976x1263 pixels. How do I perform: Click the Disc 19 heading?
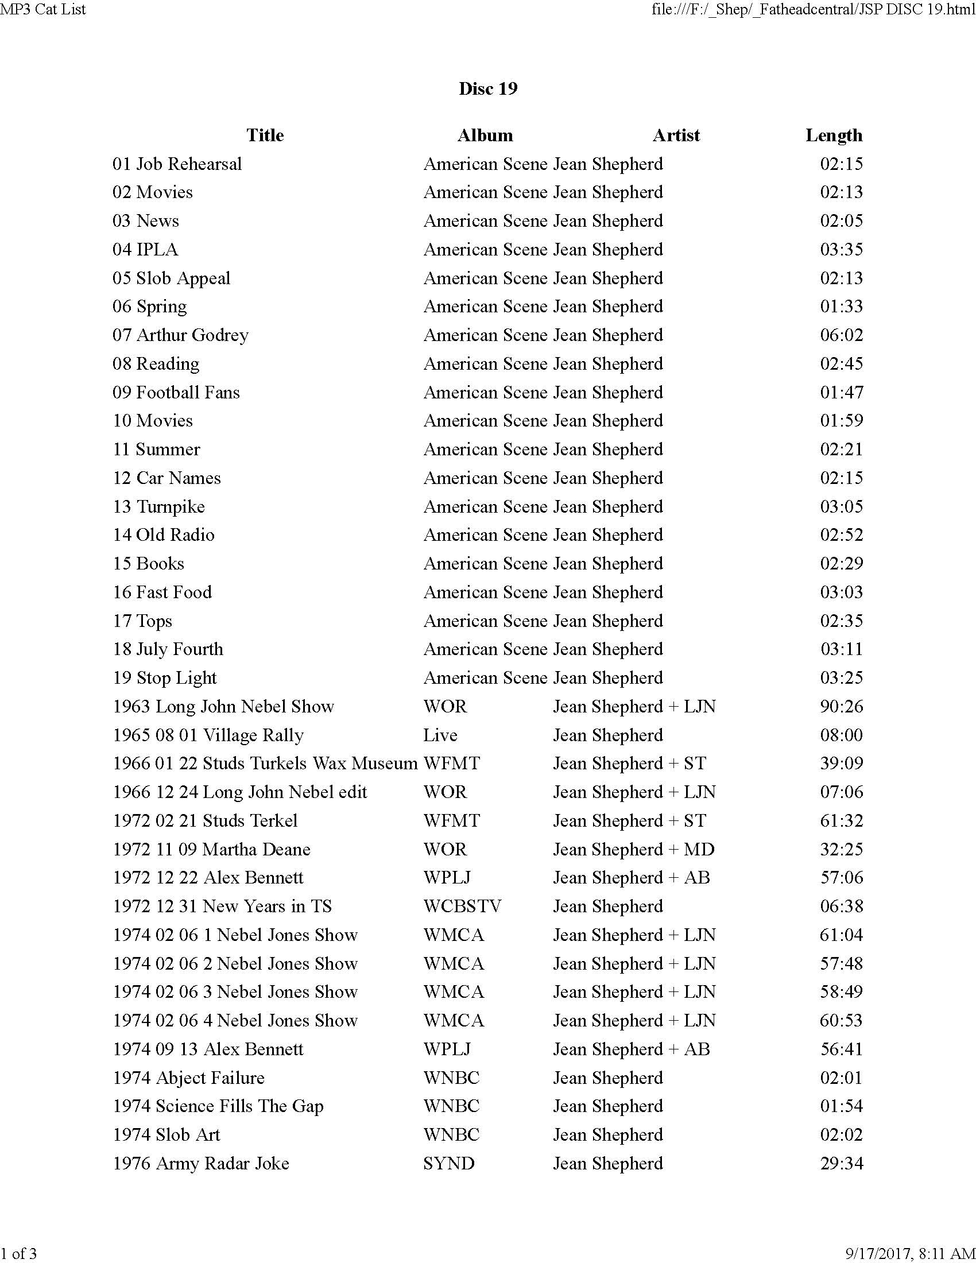[x=487, y=88]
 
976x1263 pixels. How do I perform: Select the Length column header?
[x=833, y=135]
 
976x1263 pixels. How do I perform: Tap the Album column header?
[x=485, y=135]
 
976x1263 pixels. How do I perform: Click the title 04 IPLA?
[x=145, y=249]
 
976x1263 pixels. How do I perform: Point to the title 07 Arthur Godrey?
[x=180, y=335]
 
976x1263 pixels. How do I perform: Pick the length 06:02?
[x=841, y=335]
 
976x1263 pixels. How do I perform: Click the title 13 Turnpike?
[x=158, y=506]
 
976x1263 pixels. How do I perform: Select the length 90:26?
[x=841, y=706]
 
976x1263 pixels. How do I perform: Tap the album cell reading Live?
[x=440, y=735]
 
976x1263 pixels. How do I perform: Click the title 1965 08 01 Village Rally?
[x=208, y=735]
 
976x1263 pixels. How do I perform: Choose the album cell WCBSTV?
[x=462, y=906]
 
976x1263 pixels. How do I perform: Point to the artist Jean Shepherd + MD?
[x=634, y=849]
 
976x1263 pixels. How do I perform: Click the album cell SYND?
[x=449, y=1163]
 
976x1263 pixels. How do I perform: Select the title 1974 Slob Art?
[x=166, y=1134]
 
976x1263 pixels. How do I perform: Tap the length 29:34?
[x=841, y=1163]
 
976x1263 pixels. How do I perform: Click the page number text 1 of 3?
[x=18, y=1253]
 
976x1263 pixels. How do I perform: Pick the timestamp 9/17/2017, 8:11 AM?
[x=910, y=1253]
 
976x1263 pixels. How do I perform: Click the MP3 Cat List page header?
[x=44, y=9]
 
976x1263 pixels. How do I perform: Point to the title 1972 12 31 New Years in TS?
[x=222, y=906]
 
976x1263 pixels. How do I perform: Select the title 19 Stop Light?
[x=165, y=678]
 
